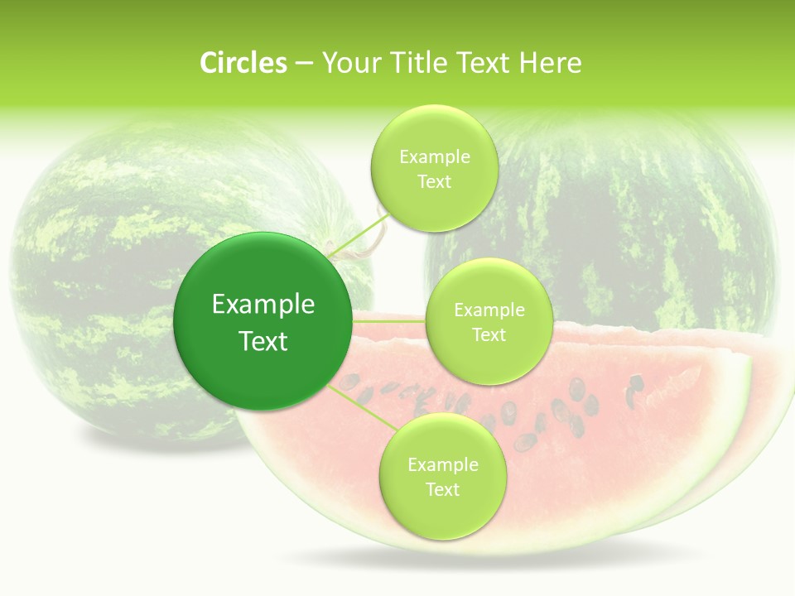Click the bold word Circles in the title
click(x=243, y=63)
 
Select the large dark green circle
click(x=263, y=321)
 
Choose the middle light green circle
click(x=489, y=321)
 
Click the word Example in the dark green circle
click(x=263, y=304)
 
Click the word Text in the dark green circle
click(x=263, y=341)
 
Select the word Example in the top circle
click(x=434, y=156)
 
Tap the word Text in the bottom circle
click(x=442, y=489)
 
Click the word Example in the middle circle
click(x=489, y=310)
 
